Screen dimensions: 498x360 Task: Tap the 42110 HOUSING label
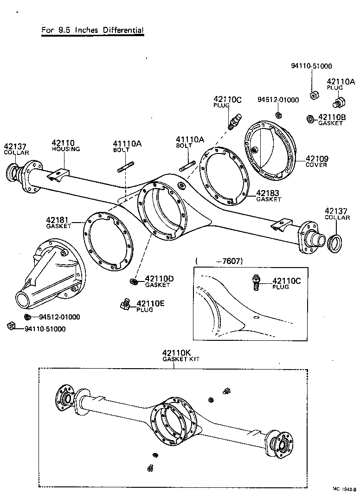(x=65, y=146)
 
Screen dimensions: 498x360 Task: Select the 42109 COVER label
(x=316, y=161)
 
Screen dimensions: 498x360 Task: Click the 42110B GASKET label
(x=330, y=120)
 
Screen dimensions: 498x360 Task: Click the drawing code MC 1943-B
(x=344, y=489)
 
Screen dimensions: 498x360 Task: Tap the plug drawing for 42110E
(x=124, y=305)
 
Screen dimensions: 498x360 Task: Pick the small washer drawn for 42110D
(x=133, y=281)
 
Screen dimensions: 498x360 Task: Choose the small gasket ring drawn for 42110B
(x=311, y=119)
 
